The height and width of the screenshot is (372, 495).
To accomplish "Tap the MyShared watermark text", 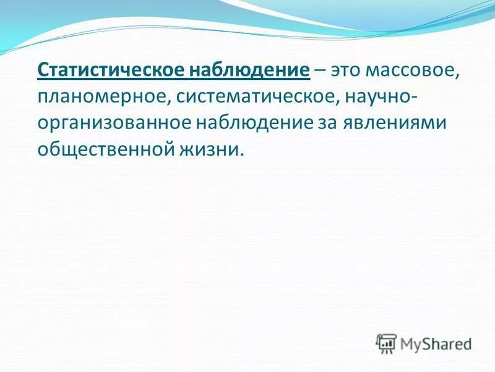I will click(x=436, y=343).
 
